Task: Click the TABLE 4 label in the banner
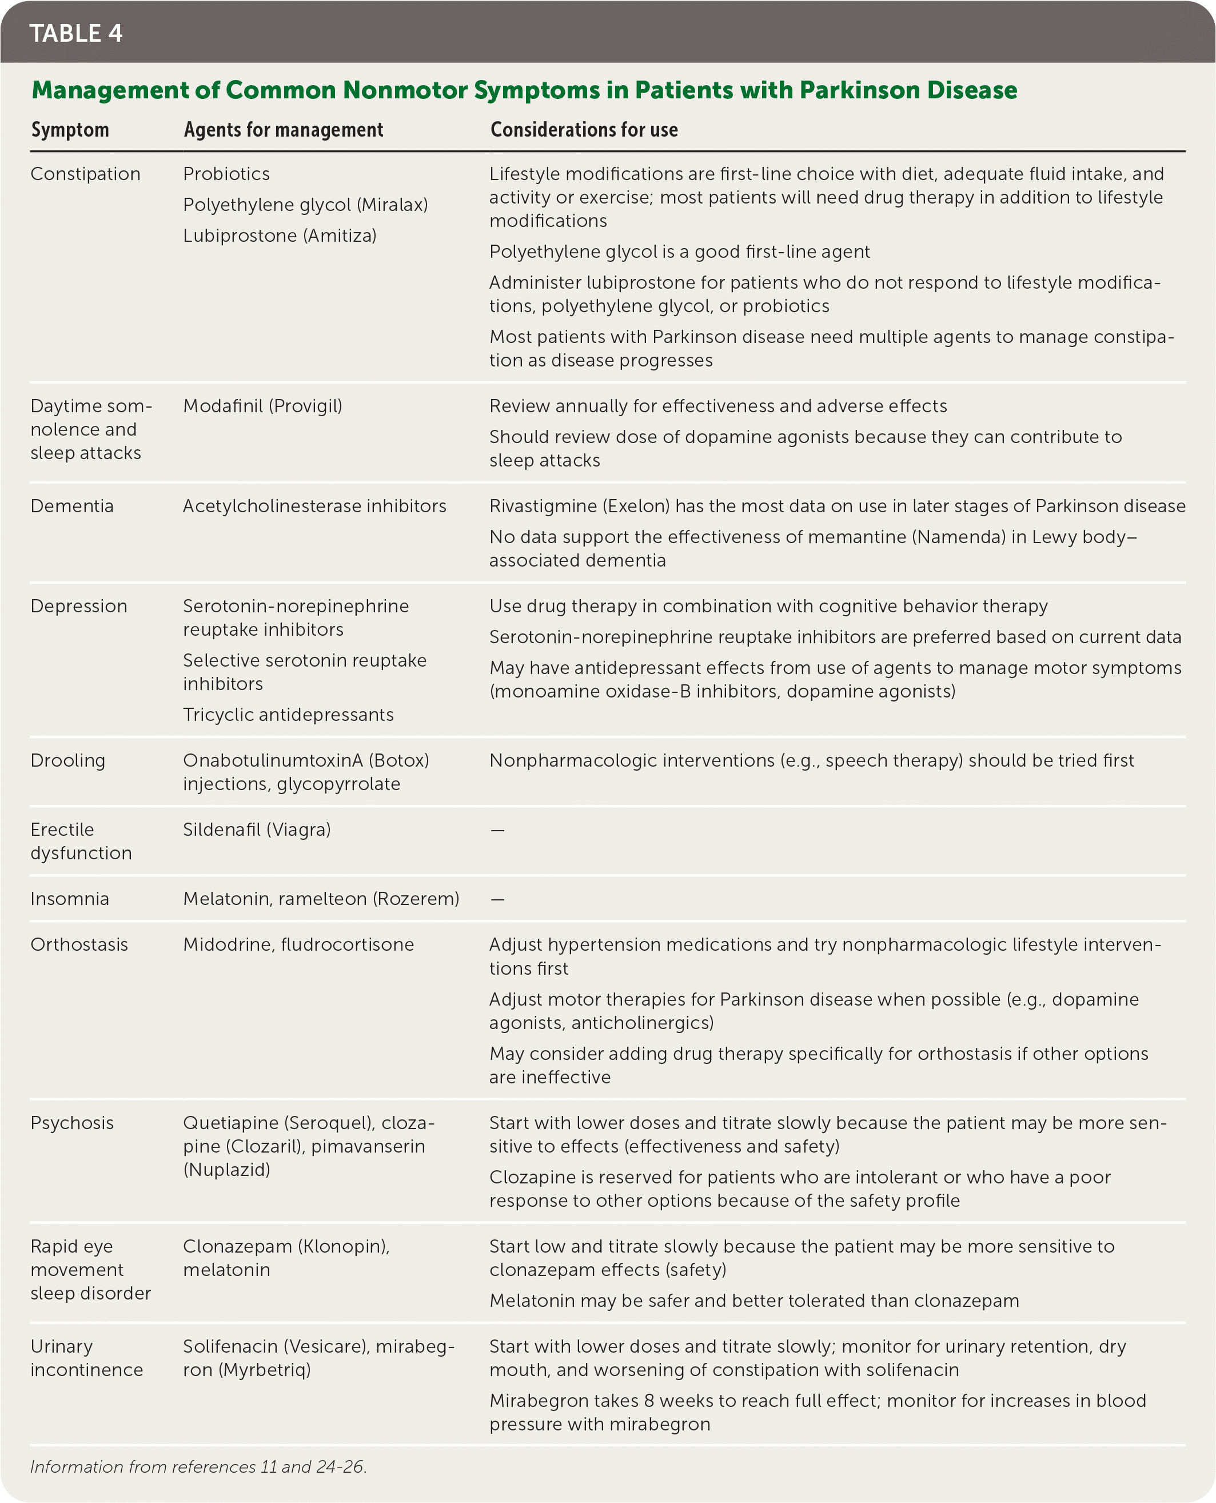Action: [x=75, y=33]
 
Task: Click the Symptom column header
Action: [x=70, y=130]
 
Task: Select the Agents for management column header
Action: [x=283, y=130]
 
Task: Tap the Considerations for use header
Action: [x=584, y=130]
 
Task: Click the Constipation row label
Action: [x=85, y=174]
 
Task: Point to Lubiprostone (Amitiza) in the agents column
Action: [x=280, y=236]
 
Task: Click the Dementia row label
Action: [x=72, y=506]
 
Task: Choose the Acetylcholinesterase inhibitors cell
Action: [x=314, y=506]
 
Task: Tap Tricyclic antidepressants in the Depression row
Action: [x=288, y=715]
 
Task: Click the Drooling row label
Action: [x=68, y=760]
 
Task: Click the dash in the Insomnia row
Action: [x=497, y=899]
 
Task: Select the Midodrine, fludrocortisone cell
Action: [x=298, y=944]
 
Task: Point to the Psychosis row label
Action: [x=72, y=1123]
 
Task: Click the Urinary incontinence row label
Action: [x=86, y=1357]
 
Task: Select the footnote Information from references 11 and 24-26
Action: [x=198, y=1466]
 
